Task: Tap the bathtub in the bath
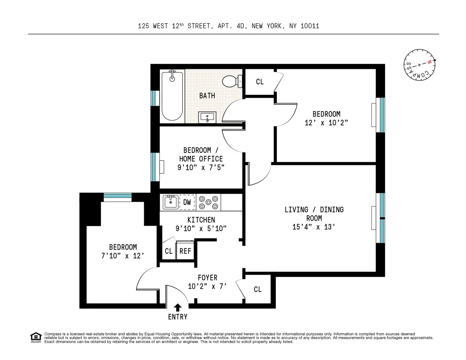click(x=172, y=95)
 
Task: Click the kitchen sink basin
click(x=170, y=202)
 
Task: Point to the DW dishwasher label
click(x=187, y=202)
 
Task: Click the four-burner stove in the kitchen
click(x=209, y=202)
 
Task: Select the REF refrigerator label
click(x=185, y=251)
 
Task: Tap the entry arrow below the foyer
click(x=178, y=307)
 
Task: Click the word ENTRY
click(x=178, y=317)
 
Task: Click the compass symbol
click(x=419, y=65)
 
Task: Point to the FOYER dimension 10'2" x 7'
click(x=207, y=287)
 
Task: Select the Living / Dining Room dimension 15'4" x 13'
click(x=314, y=227)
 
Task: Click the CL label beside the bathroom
click(x=260, y=82)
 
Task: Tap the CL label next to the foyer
click(x=257, y=289)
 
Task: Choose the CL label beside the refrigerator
click(x=169, y=251)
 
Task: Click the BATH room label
click(x=207, y=96)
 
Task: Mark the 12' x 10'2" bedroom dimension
click(x=326, y=123)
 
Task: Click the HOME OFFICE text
click(x=201, y=159)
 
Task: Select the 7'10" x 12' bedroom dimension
click(x=123, y=256)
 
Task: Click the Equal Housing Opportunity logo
click(x=36, y=337)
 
